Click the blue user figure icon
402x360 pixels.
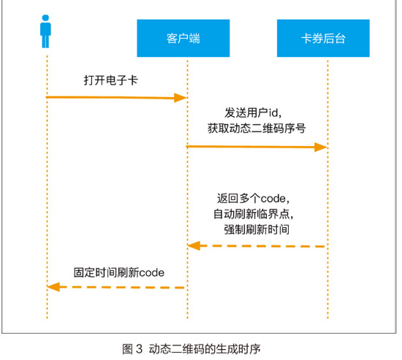[x=45, y=31]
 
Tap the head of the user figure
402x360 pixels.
[x=45, y=18]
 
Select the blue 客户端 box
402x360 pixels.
[x=183, y=38]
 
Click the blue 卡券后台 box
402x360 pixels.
[x=323, y=38]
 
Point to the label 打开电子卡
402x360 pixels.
[x=111, y=80]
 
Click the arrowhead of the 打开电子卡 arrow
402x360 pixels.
[x=181, y=98]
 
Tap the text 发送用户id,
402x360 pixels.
[x=253, y=112]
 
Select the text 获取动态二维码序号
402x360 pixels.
[x=257, y=128]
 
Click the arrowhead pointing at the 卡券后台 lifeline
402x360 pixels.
[x=321, y=147]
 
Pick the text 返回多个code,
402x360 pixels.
[x=254, y=199]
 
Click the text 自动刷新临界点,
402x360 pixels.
[x=254, y=214]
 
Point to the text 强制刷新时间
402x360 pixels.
[x=257, y=229]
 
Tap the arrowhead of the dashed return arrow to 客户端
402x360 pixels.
[x=194, y=246]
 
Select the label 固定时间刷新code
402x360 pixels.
[x=119, y=272]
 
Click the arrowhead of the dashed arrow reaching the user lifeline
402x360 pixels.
[x=53, y=287]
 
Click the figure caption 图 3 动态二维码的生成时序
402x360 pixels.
[x=191, y=349]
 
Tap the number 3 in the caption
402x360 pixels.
[x=139, y=349]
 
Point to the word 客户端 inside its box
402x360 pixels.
[x=183, y=39]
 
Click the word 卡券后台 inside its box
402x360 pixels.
[x=323, y=39]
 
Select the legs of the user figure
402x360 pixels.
[x=45, y=42]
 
